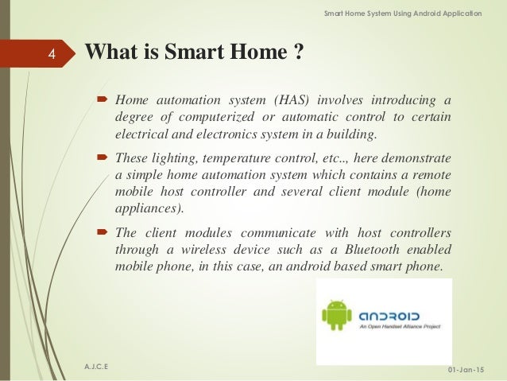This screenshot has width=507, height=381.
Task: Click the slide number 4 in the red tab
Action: tap(51, 55)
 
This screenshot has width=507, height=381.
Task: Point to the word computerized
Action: tap(198, 117)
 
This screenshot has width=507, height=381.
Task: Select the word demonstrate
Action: tap(419, 157)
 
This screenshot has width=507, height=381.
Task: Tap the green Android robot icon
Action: tap(336, 314)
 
